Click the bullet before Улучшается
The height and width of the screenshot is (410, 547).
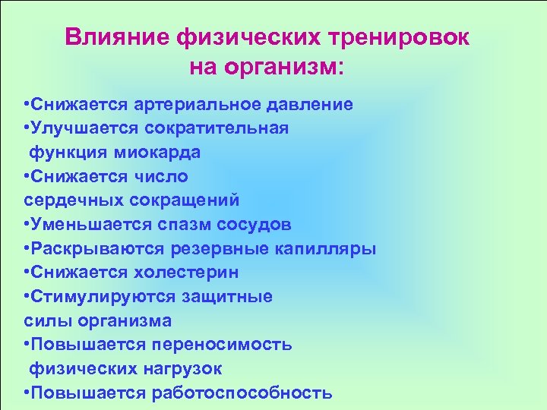(27, 128)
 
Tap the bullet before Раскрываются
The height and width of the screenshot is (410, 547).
(27, 250)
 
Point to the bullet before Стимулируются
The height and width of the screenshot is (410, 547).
(27, 297)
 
